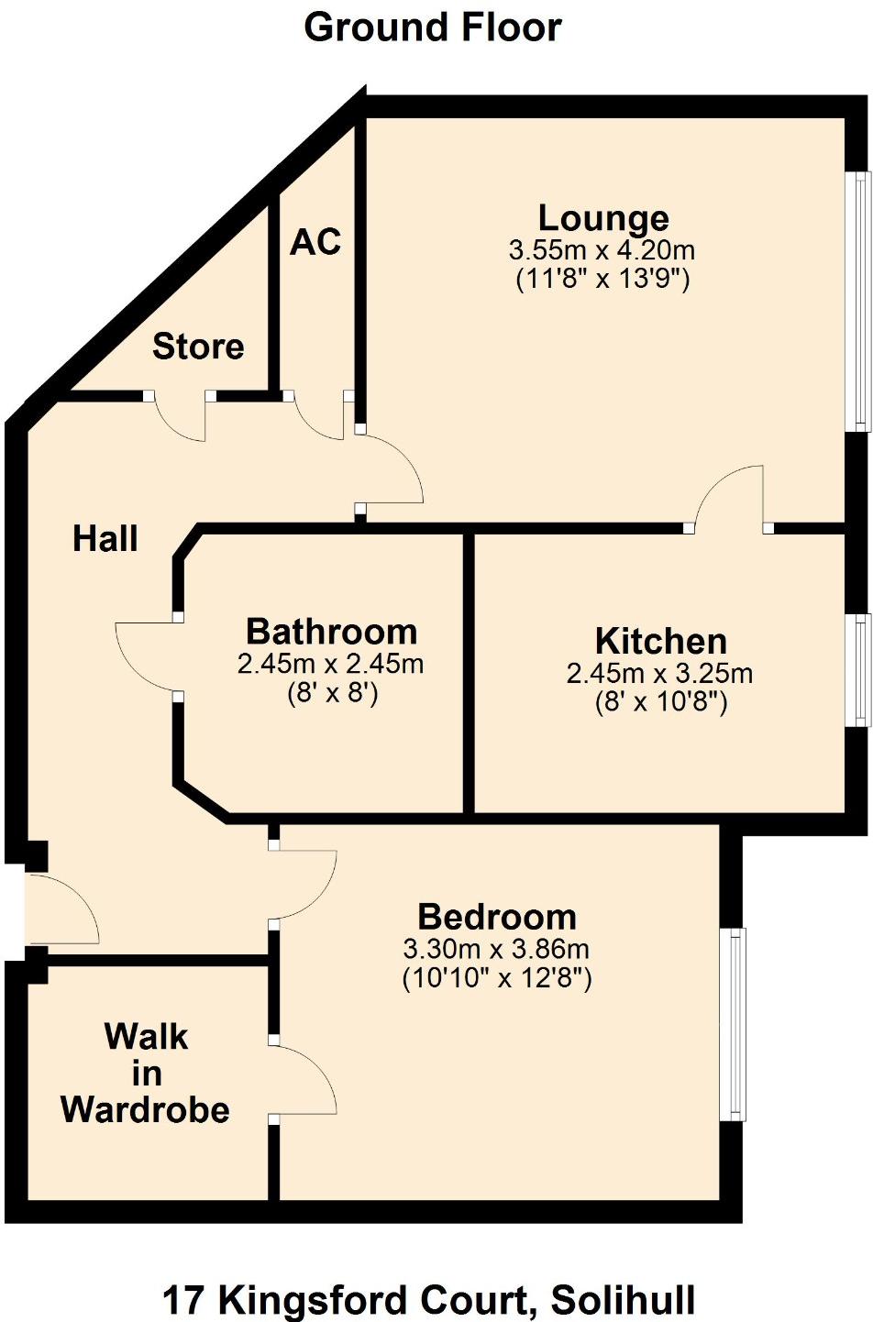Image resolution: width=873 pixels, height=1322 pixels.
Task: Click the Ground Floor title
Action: (x=433, y=28)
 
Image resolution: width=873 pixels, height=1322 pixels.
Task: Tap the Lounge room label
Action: (x=603, y=218)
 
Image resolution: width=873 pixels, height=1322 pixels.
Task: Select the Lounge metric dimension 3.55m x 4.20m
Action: (x=602, y=249)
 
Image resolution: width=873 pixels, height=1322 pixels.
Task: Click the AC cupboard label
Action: (x=315, y=242)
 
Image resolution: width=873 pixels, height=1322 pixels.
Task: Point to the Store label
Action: (x=198, y=347)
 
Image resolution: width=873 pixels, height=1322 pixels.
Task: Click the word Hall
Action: (x=105, y=539)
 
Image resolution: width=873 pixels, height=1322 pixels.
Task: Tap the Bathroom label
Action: (x=332, y=632)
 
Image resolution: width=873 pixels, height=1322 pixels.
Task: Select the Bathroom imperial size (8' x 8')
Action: (x=332, y=693)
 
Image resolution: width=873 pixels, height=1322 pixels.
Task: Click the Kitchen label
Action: (x=660, y=641)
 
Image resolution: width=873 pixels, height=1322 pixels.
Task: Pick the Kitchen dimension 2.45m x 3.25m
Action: (x=659, y=674)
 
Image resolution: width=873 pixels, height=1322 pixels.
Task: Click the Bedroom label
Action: (x=497, y=917)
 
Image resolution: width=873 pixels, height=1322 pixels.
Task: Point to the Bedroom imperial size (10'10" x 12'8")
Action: (x=497, y=978)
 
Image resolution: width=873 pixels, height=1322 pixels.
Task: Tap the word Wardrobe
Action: (x=145, y=1109)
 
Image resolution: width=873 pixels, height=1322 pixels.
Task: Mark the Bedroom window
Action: (x=734, y=1024)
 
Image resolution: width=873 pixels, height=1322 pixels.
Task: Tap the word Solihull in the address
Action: (x=624, y=1300)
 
